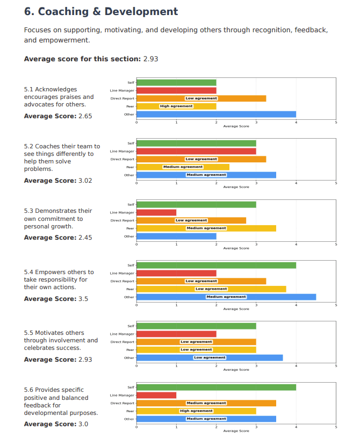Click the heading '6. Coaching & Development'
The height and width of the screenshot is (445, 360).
click(101, 11)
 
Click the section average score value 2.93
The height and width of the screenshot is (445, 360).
click(150, 59)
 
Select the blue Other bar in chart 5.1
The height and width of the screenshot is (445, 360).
click(216, 114)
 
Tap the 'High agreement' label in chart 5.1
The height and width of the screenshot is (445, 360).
click(176, 106)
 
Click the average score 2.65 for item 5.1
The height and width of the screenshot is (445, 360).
click(85, 116)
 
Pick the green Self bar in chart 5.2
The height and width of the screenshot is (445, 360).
click(196, 143)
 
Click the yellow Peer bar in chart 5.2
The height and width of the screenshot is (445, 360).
click(183, 167)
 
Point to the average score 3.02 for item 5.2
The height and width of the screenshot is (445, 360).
click(85, 181)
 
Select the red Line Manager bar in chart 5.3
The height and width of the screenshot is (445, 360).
click(156, 212)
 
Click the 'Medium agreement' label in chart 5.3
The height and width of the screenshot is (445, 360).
click(206, 228)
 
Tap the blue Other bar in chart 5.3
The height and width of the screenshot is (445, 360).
click(176, 236)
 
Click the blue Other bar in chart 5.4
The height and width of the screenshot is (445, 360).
click(226, 297)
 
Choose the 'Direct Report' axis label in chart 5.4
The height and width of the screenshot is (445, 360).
click(123, 281)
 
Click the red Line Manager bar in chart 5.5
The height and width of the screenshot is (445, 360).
click(176, 334)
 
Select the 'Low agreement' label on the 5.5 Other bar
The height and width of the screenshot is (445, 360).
click(210, 357)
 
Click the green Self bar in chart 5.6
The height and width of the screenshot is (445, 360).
click(216, 387)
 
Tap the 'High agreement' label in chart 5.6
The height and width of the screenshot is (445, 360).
click(196, 411)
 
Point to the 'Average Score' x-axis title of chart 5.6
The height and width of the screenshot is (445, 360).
click(236, 430)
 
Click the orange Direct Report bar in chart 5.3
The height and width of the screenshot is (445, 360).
click(191, 220)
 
